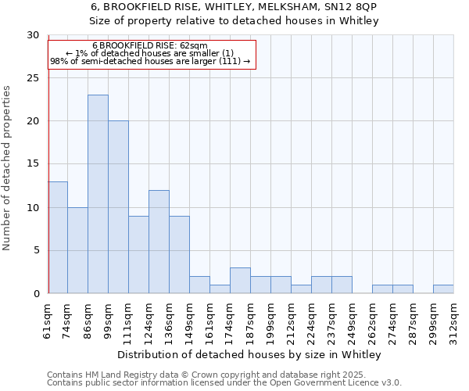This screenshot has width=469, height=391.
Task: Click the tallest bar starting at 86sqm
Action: pos(98,194)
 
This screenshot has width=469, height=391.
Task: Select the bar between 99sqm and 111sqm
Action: pos(118,207)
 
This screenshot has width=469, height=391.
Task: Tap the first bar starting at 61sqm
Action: pos(58,237)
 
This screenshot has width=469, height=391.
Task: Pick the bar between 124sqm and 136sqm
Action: pos(159,242)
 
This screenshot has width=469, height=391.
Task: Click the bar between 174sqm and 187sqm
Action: pos(240,280)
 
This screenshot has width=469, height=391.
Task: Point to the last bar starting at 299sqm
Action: pos(443,289)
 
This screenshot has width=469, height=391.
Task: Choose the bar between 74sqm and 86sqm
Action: pos(77,250)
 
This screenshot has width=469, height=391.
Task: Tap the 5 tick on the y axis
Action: pos(36,250)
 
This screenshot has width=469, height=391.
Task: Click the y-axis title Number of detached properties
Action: pos(7,168)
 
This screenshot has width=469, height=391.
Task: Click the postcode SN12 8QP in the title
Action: pos(353,6)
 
